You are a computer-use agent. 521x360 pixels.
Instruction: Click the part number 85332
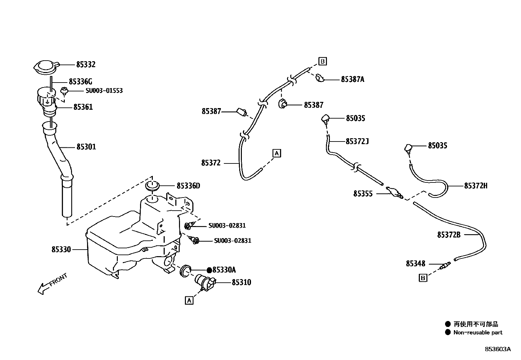tap(86, 65)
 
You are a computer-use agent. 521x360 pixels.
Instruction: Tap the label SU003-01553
tap(104, 90)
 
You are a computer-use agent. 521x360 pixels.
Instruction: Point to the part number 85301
tap(86, 147)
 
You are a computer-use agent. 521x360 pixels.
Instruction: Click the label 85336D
tap(188, 186)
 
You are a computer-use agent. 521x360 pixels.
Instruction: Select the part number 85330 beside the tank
tap(61, 250)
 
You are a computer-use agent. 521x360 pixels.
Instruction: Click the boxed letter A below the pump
tap(189, 300)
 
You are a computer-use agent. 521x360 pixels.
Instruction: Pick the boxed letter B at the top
tap(322, 61)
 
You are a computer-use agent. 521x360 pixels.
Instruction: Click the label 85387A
tap(352, 79)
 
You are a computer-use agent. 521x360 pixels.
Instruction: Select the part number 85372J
tap(357, 141)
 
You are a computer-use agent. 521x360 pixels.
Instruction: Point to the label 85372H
tap(476, 186)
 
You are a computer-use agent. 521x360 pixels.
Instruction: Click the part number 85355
tap(363, 194)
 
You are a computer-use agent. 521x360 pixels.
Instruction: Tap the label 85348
tap(416, 264)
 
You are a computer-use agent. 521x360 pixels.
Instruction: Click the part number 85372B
tap(449, 235)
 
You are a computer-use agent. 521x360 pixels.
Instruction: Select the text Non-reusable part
tap(477, 332)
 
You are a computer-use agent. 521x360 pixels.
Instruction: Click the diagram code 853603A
tap(497, 349)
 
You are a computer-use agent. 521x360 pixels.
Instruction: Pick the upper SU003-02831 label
tap(227, 226)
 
